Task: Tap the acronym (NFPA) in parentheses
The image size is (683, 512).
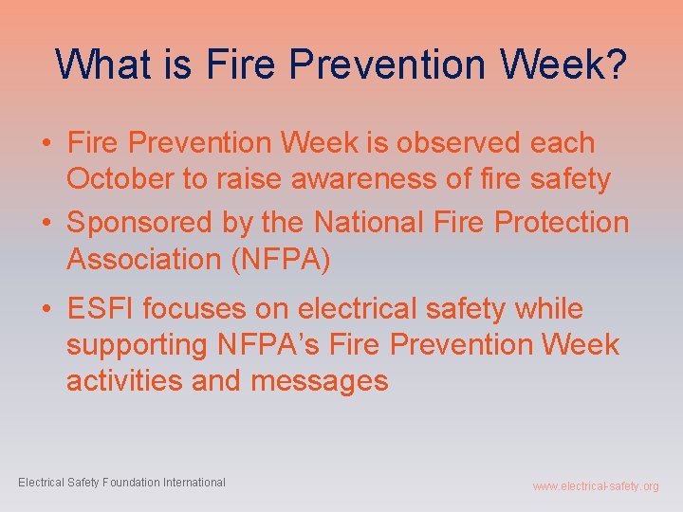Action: pos(281,259)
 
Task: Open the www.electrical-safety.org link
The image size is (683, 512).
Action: pos(595,486)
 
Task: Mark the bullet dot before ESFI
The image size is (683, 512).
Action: pos(46,310)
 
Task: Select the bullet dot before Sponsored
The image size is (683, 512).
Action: pos(46,224)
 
